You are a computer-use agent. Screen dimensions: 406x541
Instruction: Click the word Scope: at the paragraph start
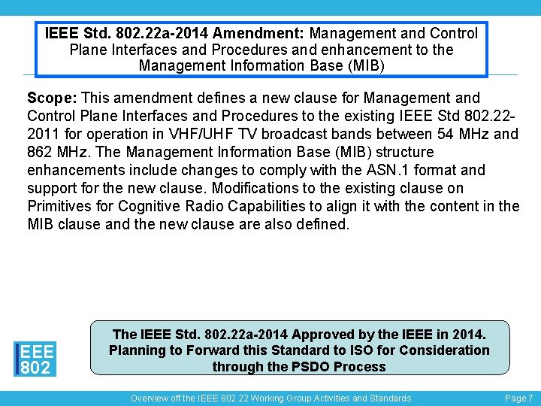(52, 98)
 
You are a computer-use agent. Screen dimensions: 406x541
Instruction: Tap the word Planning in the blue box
(137, 350)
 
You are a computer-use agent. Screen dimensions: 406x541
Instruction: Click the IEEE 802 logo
(35, 359)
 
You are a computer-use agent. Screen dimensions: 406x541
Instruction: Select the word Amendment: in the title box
(259, 34)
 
